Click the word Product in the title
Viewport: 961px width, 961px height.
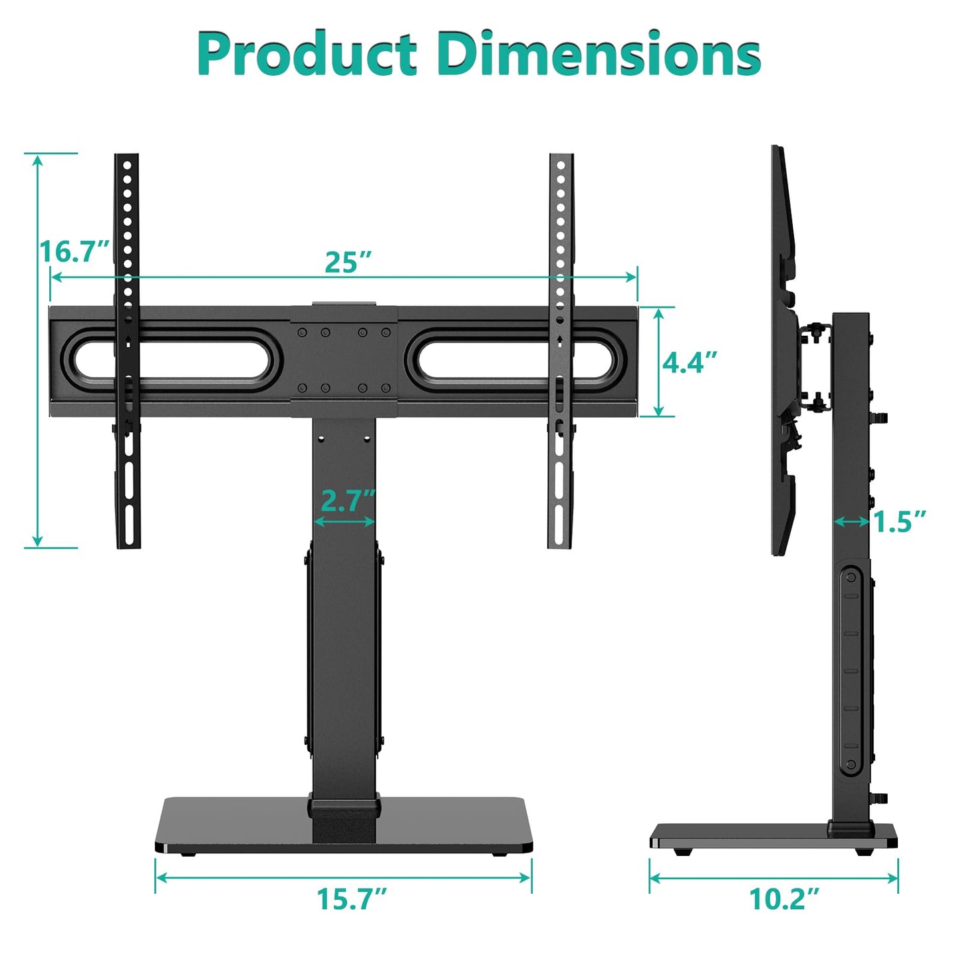pyautogui.click(x=307, y=55)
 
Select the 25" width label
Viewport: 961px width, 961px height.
pyautogui.click(x=348, y=262)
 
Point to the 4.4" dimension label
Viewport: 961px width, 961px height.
pyautogui.click(x=690, y=362)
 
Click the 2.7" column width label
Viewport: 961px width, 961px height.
pyautogui.click(x=348, y=501)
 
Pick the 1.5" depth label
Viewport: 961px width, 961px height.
pyautogui.click(x=899, y=522)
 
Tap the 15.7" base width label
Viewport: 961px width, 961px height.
pyautogui.click(x=351, y=898)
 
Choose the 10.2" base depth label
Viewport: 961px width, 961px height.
pyautogui.click(x=784, y=898)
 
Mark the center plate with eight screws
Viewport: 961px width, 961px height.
pyautogui.click(x=344, y=360)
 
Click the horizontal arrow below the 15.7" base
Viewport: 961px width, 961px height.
pyautogui.click(x=343, y=877)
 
